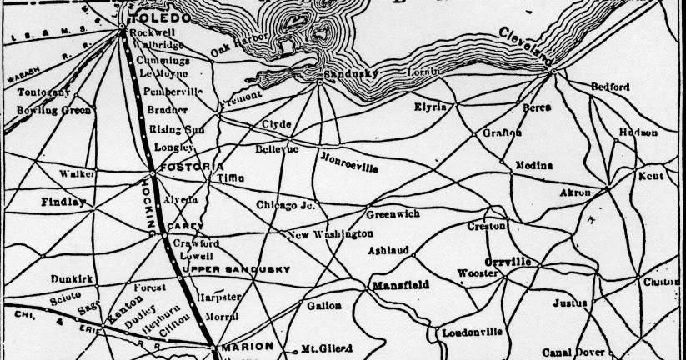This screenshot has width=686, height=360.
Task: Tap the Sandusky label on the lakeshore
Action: point(356,73)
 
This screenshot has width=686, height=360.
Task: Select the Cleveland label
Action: point(528,47)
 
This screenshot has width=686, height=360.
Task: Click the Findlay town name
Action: point(63,202)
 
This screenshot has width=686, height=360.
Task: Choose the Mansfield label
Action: point(400,285)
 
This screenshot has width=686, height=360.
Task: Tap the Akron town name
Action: point(574,192)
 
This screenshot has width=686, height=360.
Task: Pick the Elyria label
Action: point(430,107)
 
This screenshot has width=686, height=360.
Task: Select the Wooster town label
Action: point(478,273)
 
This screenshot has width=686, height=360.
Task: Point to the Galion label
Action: point(323,306)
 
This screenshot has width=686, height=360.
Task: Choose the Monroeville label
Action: point(348,162)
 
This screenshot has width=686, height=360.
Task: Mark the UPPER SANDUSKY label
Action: point(236,269)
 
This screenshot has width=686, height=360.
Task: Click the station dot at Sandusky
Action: point(320,82)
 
